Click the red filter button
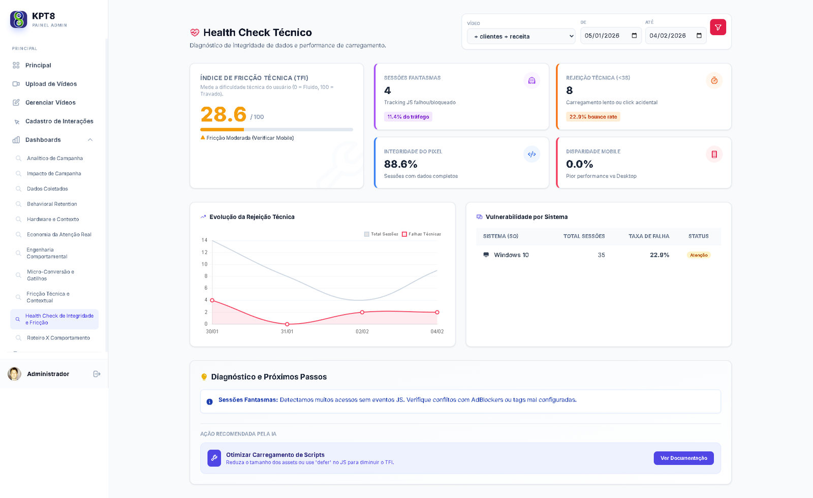click(717, 27)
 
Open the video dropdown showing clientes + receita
click(521, 37)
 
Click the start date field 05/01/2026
click(610, 36)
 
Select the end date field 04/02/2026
click(675, 36)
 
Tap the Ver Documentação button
click(683, 458)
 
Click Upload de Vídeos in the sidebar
click(51, 84)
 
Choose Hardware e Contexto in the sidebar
click(53, 220)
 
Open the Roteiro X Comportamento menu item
click(58, 338)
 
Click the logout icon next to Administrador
click(97, 374)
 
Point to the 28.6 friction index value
click(223, 115)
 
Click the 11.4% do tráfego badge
click(408, 117)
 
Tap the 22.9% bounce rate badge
click(593, 117)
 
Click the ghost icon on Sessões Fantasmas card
click(531, 81)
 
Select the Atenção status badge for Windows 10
click(699, 255)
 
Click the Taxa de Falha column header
click(648, 236)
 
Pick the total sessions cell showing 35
click(601, 255)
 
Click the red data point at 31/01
click(287, 324)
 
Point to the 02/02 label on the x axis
click(362, 332)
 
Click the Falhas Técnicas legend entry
click(421, 234)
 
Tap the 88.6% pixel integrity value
click(400, 164)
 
